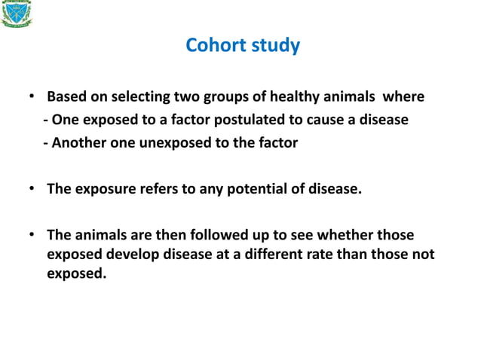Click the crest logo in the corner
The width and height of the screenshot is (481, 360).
click(x=17, y=14)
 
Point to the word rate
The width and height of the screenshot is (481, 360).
click(x=320, y=255)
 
